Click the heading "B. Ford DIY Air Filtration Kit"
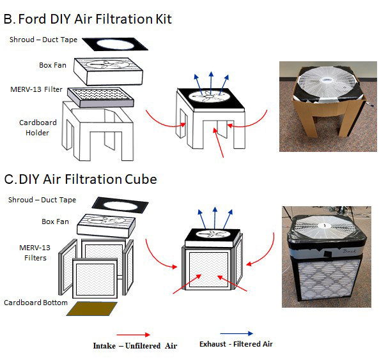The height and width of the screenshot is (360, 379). coord(88,19)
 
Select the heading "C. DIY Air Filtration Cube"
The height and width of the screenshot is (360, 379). coord(81,179)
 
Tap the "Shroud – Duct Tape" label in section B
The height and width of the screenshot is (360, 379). coord(43,40)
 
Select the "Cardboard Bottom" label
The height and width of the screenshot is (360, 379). coord(35,302)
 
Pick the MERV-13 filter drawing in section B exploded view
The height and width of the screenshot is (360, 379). coord(100,95)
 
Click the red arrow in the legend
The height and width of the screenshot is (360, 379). coord(133,334)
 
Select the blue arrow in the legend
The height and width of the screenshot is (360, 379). coord(236,333)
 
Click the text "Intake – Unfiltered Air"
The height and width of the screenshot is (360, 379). coord(135,345)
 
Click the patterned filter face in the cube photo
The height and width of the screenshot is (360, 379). coord(327,277)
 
